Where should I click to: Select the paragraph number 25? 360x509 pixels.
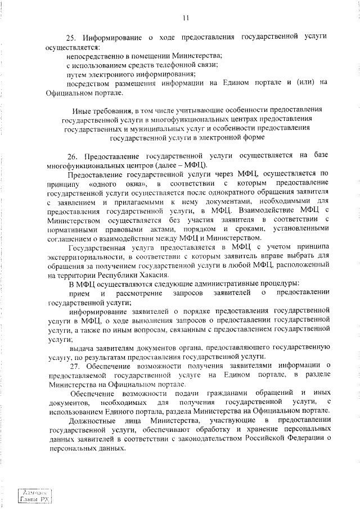(70, 38)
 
